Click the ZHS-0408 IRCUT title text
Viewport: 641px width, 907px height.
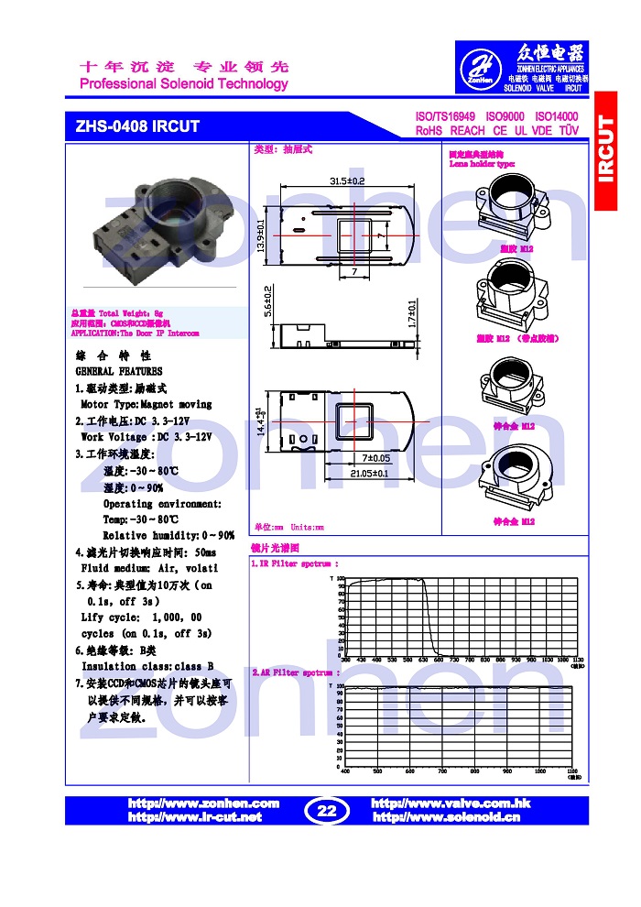(x=137, y=126)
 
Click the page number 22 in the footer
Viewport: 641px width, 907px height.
(x=327, y=810)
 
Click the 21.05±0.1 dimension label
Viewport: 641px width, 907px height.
(x=369, y=474)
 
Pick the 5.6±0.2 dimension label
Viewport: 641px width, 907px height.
(x=267, y=301)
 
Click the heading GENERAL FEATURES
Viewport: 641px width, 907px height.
(x=119, y=371)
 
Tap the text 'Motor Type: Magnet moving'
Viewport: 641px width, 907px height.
(x=147, y=404)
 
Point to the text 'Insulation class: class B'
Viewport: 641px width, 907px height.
(x=147, y=666)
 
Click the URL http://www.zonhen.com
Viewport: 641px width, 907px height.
(x=203, y=803)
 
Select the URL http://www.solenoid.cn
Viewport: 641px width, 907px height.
(x=446, y=816)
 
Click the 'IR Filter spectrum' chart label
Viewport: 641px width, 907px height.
(x=295, y=564)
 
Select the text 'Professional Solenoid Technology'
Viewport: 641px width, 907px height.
(x=184, y=84)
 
